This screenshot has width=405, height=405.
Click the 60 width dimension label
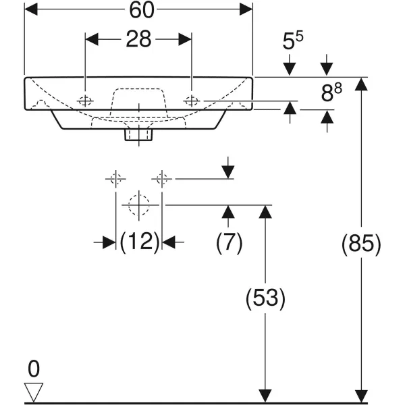139,10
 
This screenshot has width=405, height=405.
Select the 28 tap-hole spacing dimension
139,39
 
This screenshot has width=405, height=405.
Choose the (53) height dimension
265,298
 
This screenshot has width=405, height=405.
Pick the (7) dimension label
229,242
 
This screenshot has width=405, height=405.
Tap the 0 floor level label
33,369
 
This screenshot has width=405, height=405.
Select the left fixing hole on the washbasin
86,101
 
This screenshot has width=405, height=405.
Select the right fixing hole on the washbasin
192,101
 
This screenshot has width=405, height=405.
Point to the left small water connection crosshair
115,179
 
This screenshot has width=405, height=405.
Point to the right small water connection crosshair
162,179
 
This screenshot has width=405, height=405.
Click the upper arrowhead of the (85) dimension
362,84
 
